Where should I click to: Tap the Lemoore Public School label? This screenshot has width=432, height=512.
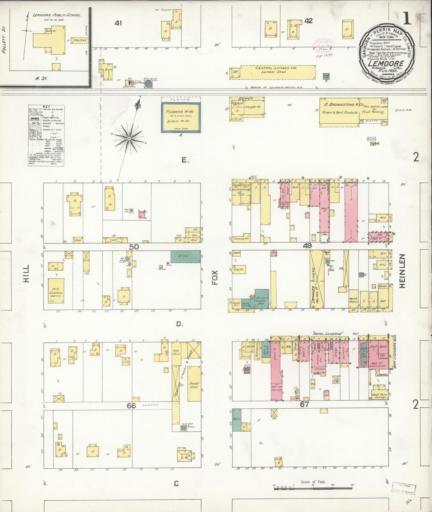click(x=57, y=15)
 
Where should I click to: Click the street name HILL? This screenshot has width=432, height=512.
click(x=27, y=273)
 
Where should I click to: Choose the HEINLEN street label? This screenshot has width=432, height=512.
click(x=402, y=271)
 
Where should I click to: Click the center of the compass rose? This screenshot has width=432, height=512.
click(x=129, y=138)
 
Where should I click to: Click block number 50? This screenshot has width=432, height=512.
click(x=134, y=247)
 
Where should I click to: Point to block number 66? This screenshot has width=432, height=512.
click(x=131, y=405)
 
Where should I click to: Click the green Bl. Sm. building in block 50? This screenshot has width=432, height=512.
click(x=185, y=257)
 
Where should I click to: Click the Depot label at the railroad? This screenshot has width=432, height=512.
click(x=246, y=99)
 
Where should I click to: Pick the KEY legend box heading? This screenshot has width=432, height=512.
click(x=46, y=107)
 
